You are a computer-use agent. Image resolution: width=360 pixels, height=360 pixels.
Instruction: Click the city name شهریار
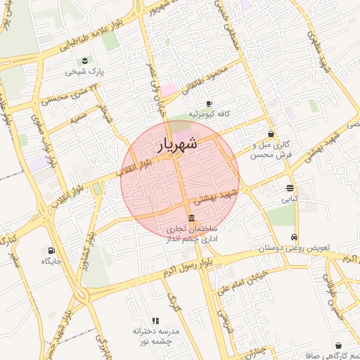176,145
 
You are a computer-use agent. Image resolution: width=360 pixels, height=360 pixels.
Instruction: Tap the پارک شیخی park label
85,72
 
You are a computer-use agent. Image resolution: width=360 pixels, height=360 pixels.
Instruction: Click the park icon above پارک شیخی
85,60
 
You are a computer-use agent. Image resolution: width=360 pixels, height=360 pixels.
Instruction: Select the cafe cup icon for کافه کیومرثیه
209,103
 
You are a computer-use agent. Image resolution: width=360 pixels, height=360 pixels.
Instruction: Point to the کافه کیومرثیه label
209,114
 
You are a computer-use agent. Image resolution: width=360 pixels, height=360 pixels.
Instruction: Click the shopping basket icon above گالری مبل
271,134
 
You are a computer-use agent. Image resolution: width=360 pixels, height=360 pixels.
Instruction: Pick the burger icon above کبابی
290,188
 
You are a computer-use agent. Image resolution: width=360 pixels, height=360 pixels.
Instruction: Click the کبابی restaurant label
290,199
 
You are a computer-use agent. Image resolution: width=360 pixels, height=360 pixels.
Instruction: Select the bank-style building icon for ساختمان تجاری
192,218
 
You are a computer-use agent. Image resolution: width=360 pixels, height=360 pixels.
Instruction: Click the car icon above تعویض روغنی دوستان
294,237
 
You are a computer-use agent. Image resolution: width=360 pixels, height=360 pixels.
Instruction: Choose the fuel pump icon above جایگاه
51,250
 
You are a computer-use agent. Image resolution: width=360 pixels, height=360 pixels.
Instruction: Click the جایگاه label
51,262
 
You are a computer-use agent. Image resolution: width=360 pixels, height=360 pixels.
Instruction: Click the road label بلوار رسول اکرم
185,266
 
